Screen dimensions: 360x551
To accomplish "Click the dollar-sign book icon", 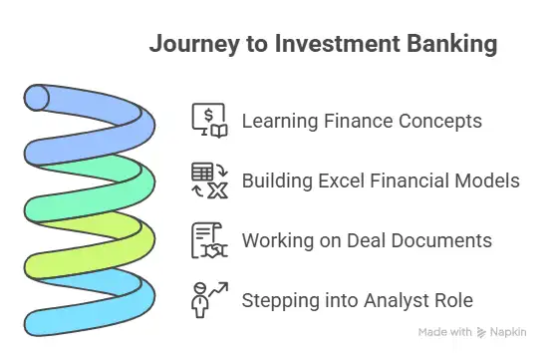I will coord(209,121).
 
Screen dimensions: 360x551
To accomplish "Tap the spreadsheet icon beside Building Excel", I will coord(209,180).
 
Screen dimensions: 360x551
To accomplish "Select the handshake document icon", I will coord(209,240).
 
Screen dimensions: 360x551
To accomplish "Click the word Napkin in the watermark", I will coord(508,332).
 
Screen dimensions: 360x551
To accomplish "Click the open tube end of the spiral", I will coord(37,98).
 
